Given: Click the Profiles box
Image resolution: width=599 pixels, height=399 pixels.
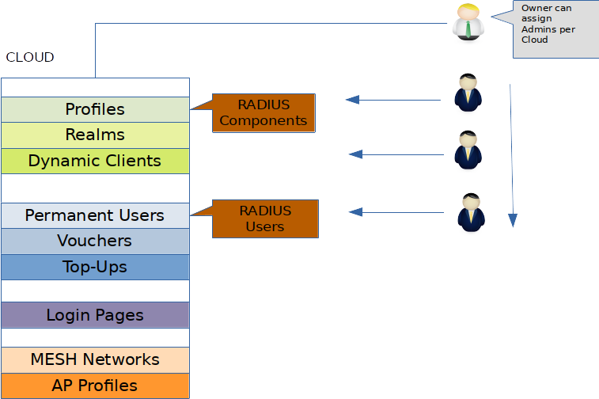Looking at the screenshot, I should [95, 109].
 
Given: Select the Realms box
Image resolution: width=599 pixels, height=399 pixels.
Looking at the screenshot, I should [95, 135].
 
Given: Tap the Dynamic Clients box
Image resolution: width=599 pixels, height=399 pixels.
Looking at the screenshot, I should [95, 161].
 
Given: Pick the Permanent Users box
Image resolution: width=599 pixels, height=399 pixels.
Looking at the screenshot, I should [95, 215].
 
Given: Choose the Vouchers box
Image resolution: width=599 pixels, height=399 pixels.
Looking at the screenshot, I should [95, 241].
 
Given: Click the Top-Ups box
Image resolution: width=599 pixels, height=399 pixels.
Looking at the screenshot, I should [95, 267].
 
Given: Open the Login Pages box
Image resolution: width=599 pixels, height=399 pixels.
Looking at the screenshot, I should [95, 315].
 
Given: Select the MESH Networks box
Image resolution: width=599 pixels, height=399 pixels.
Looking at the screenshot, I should [95, 359].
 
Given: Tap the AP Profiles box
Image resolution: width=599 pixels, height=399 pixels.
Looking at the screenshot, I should [95, 386].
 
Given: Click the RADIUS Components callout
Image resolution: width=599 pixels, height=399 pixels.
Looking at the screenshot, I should [263, 112].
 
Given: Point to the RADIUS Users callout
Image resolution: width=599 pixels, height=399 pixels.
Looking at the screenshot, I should [265, 218].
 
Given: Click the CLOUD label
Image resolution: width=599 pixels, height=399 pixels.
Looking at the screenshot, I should [30, 58].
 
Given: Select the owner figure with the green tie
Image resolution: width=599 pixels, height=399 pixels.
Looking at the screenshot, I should [468, 22].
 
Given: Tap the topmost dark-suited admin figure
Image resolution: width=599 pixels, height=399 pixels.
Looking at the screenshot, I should [468, 93].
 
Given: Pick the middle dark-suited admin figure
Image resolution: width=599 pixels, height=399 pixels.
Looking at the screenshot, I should [468, 150].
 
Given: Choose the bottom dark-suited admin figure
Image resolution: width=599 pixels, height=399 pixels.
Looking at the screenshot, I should [471, 213].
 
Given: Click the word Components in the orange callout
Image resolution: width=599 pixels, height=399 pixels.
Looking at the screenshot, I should [263, 121].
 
